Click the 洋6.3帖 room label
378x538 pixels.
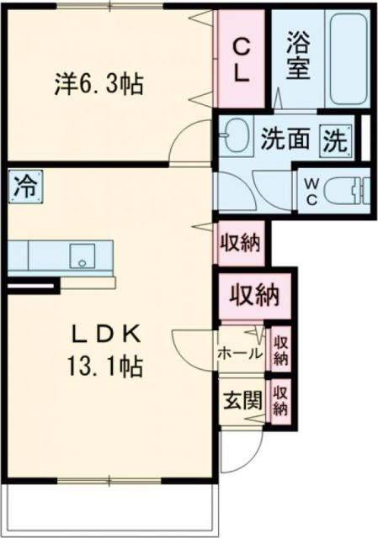pos(99,84)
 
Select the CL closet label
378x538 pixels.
pos(242,59)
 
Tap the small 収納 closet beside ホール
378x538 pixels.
pos(281,348)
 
